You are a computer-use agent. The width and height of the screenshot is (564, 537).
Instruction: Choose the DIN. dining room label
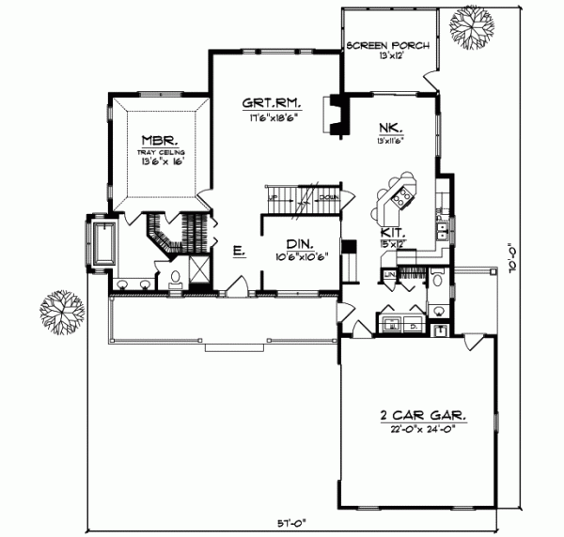click(299, 241)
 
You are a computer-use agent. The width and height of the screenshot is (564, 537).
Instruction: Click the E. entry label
click(239, 252)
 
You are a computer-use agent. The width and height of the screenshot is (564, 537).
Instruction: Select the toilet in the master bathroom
click(175, 278)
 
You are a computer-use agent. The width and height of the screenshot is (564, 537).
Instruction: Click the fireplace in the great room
click(332, 113)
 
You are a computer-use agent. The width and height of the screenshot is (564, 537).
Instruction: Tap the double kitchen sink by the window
click(440, 227)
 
